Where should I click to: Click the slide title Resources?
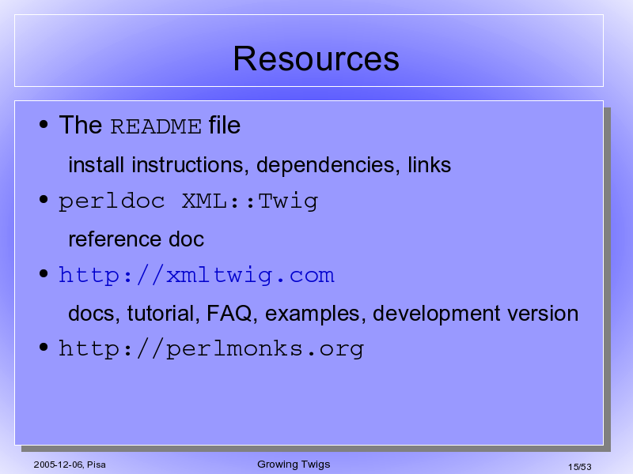pyautogui.click(x=316, y=58)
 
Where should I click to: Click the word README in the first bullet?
pyautogui.click(x=156, y=126)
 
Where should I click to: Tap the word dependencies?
pyautogui.click(x=328, y=165)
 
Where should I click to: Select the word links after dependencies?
pyautogui.click(x=429, y=165)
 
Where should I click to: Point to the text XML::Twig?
pyautogui.click(x=250, y=201)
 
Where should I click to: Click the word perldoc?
pyautogui.click(x=112, y=201)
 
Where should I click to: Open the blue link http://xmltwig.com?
pyautogui.click(x=196, y=275)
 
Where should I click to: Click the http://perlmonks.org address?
pyautogui.click(x=211, y=349)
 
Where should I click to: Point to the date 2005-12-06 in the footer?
pyautogui.click(x=58, y=465)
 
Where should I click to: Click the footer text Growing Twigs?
pyautogui.click(x=294, y=465)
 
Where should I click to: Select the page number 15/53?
pyautogui.click(x=580, y=467)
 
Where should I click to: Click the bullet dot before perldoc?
pyautogui.click(x=44, y=199)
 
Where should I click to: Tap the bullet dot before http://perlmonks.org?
pyautogui.click(x=44, y=347)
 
